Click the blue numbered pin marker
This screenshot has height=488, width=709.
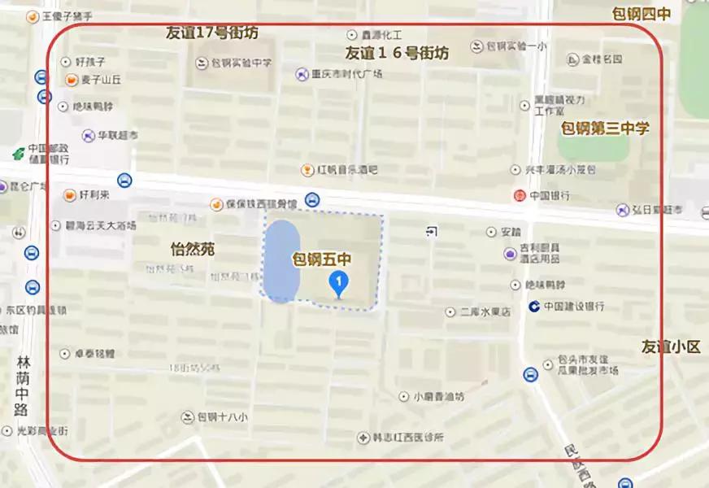(338, 283)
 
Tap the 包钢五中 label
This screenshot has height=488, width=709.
(321, 260)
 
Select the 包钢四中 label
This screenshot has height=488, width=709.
(642, 13)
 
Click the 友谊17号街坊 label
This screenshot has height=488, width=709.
(211, 33)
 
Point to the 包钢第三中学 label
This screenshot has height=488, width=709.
(605, 129)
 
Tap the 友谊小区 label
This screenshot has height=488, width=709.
(670, 346)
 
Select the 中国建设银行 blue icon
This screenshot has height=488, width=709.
(533, 307)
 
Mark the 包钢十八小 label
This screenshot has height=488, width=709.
(221, 417)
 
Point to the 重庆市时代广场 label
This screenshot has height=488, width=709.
(347, 74)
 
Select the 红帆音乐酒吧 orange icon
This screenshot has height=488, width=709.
(307, 170)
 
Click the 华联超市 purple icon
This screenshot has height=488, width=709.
(89, 135)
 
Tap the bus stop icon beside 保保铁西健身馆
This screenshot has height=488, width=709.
(312, 200)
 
